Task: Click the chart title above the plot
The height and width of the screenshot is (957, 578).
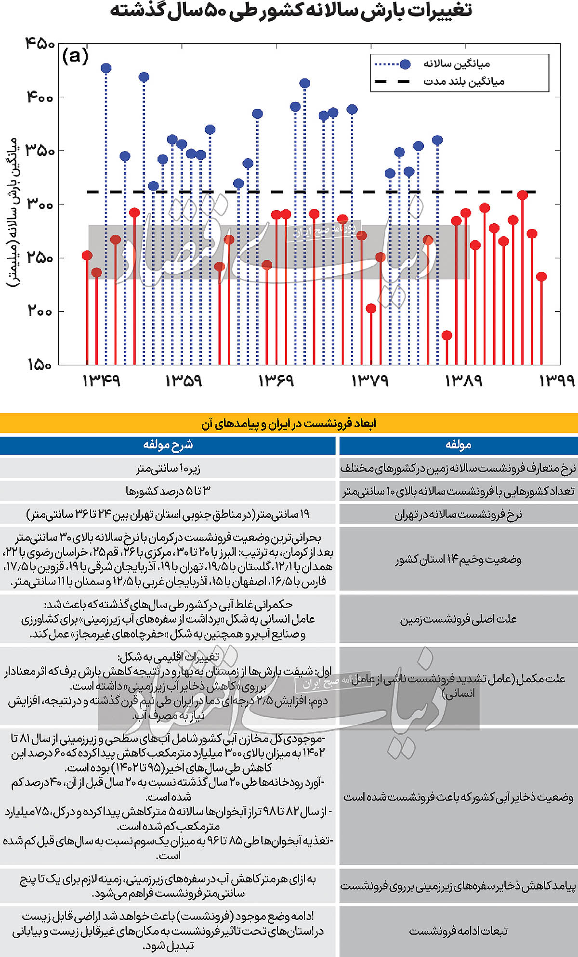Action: coord(291,11)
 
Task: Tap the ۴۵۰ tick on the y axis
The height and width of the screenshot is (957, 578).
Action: coord(40,44)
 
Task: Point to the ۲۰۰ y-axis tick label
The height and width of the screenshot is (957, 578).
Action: coord(40,311)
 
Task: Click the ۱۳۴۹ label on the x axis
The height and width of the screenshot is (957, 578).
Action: coord(101,381)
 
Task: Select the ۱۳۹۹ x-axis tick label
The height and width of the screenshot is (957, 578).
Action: coord(557,381)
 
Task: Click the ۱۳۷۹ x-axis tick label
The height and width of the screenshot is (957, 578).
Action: coord(370,381)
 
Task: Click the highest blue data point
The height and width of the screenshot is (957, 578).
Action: coord(106,68)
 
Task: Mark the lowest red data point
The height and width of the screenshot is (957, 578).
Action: coord(447,335)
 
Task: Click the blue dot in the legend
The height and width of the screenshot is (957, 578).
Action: coord(405,64)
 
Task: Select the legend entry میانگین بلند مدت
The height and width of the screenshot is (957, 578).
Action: coord(463,82)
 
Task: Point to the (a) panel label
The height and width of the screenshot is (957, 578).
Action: coord(75,56)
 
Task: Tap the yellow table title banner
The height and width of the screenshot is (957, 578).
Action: coord(289,423)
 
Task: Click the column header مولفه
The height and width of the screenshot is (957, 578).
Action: coord(458,445)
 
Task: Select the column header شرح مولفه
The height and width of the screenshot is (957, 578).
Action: coord(168,445)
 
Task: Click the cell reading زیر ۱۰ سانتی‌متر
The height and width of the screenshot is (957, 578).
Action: coord(168,468)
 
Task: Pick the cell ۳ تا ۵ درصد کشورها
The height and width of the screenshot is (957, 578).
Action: coord(168,491)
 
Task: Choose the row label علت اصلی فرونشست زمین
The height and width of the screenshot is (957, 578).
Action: coord(458,619)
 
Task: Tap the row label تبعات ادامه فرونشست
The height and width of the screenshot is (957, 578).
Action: coord(458,931)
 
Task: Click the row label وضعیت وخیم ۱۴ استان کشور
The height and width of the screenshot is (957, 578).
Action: coord(458,560)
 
